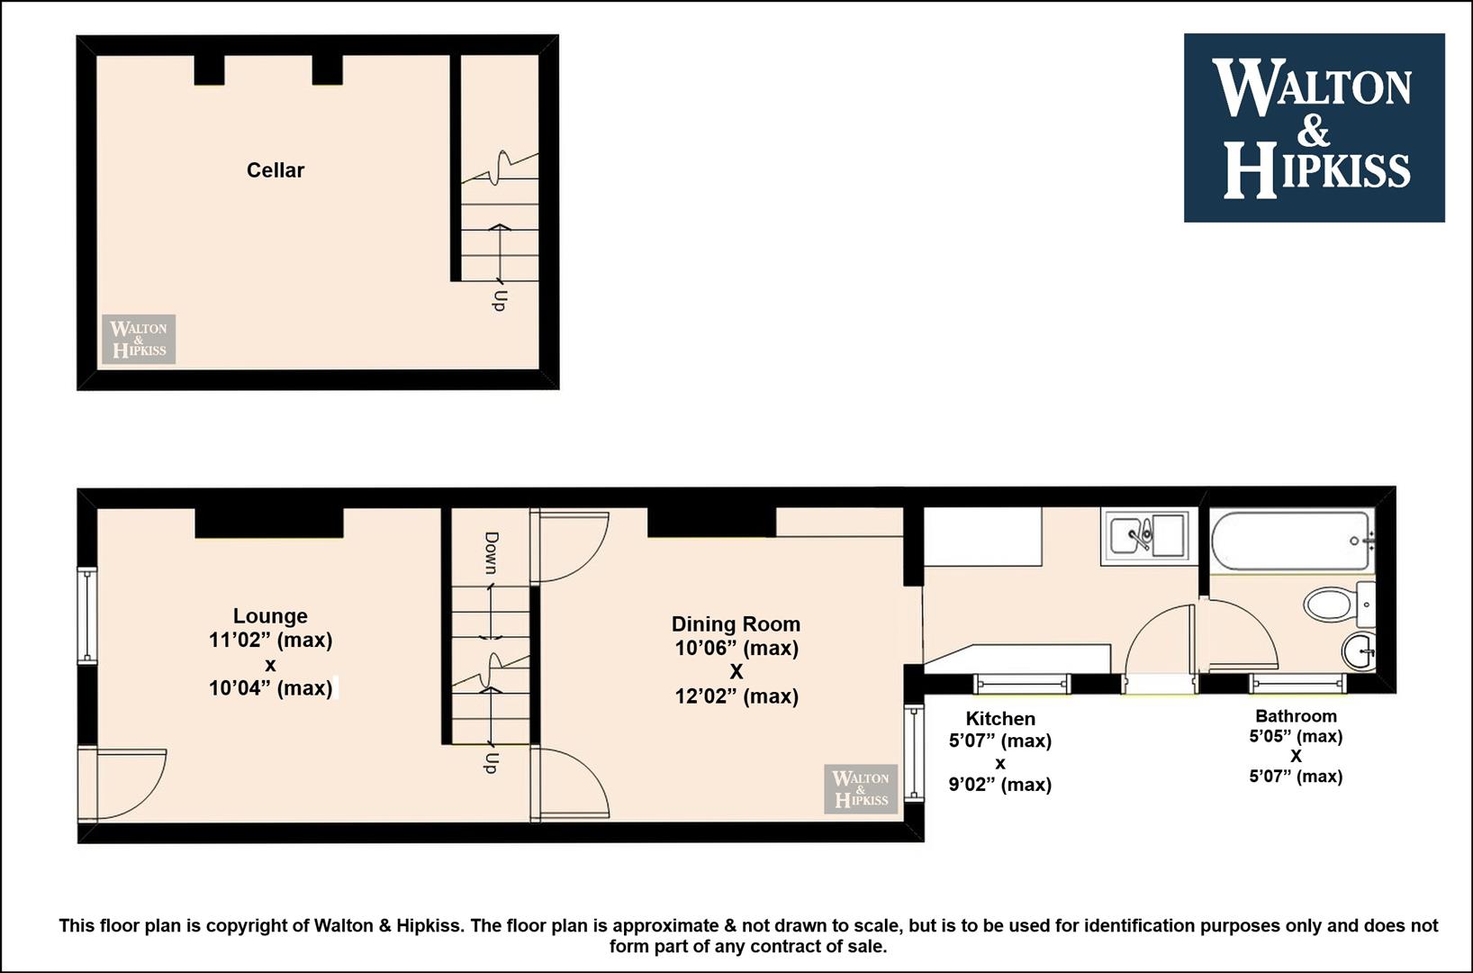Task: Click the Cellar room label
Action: coord(275,170)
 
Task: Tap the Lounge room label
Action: coord(270,615)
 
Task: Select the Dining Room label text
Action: coord(736,623)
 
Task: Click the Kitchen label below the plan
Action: coord(1000,718)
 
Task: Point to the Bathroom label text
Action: coord(1296,715)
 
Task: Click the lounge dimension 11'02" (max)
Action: coord(270,641)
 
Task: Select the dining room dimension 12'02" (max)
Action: coord(736,696)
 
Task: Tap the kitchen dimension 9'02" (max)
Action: coord(999,784)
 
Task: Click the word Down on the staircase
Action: coord(492,552)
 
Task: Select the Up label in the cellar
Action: coord(499,300)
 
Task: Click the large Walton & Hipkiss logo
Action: coord(1314,128)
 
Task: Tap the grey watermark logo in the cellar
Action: coord(139,339)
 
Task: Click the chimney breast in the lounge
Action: coord(269,523)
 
